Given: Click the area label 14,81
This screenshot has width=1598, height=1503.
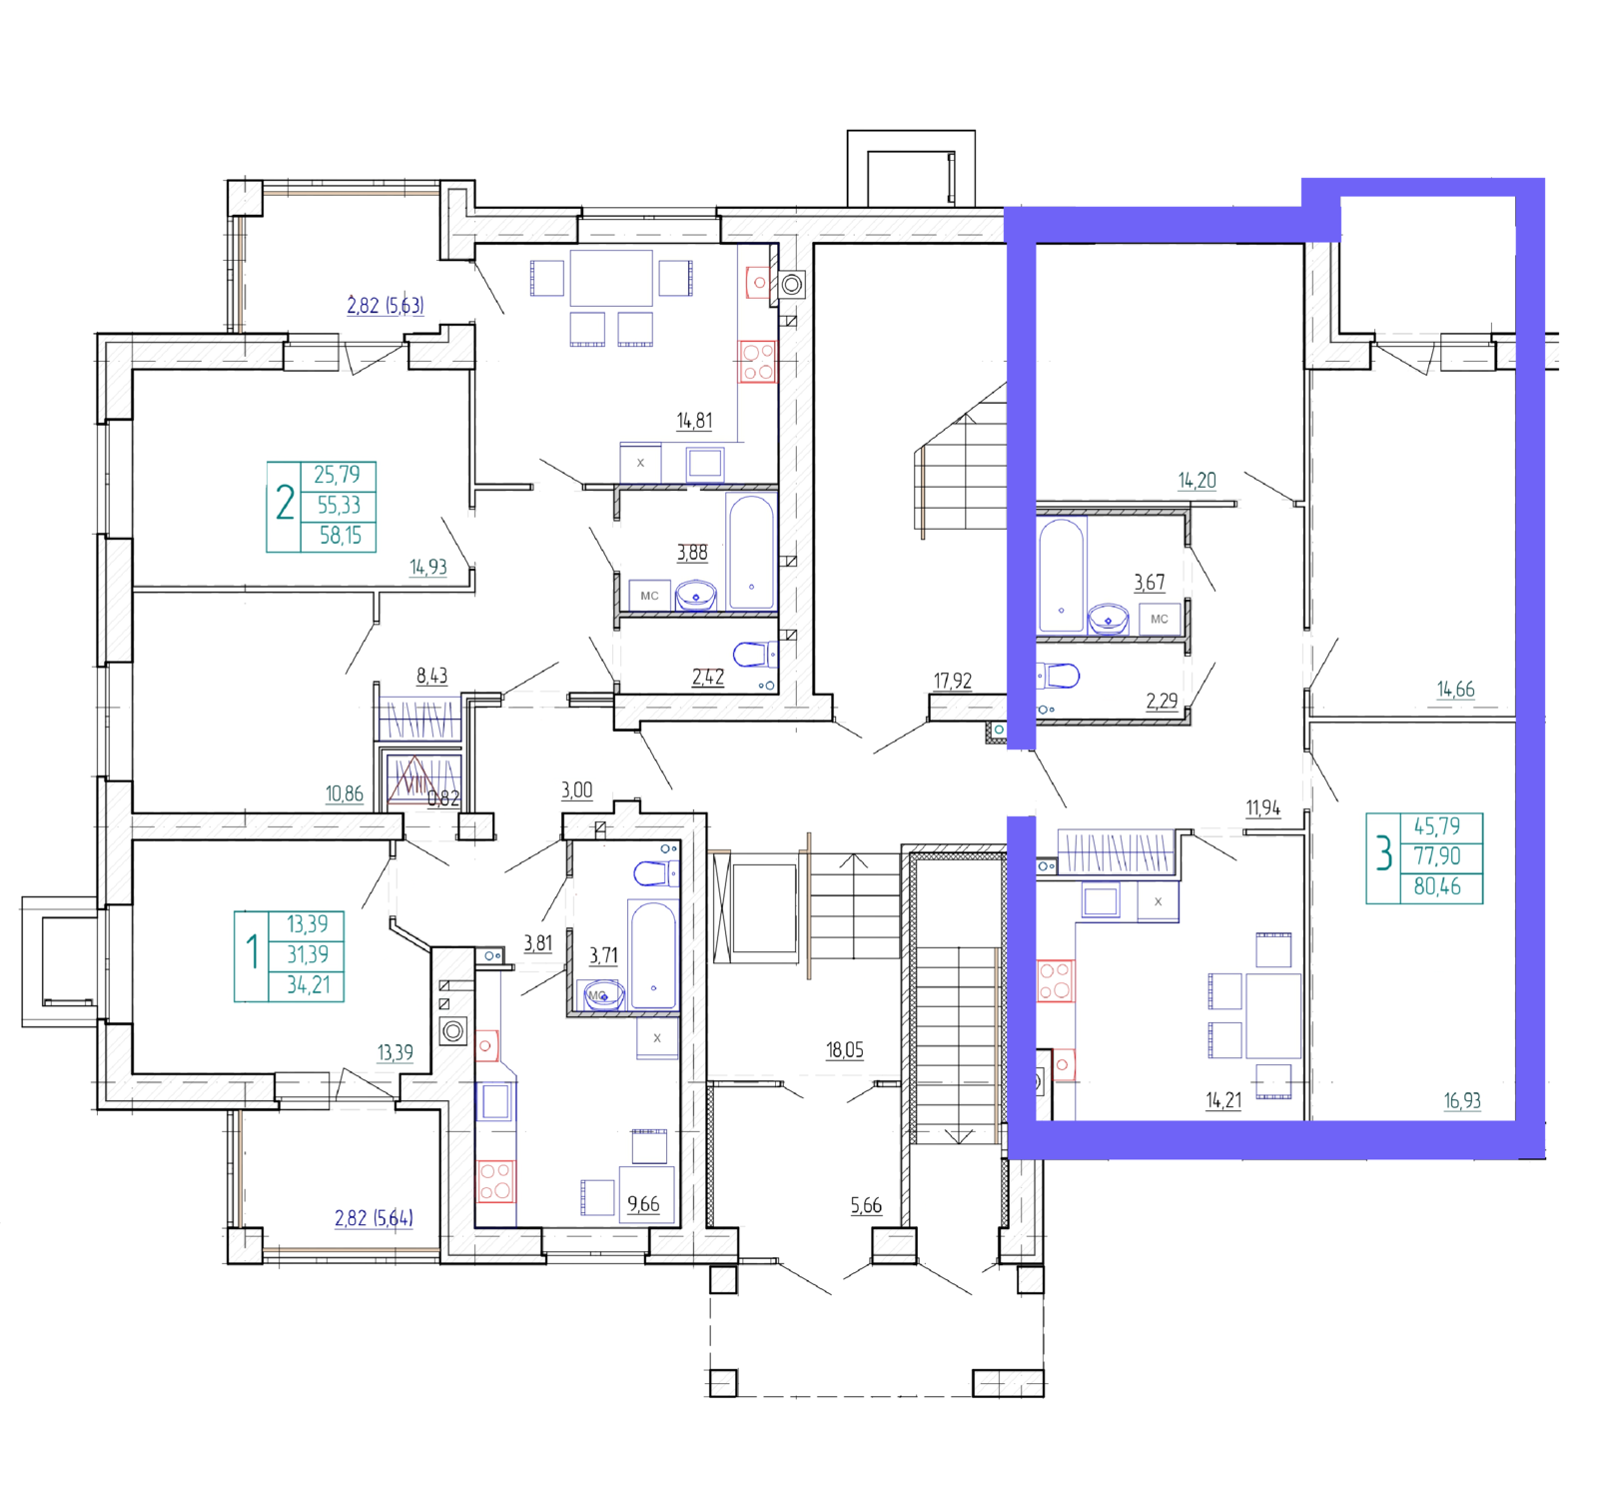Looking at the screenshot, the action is point(694,421).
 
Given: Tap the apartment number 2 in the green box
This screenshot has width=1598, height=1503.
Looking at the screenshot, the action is point(285,504).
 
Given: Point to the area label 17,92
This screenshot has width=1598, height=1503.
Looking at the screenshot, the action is point(952,681).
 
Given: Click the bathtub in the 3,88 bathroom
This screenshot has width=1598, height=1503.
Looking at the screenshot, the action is point(751,553).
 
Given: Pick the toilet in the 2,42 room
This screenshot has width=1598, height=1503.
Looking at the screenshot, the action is point(754,656).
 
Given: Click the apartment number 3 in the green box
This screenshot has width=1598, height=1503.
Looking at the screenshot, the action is point(1384,854).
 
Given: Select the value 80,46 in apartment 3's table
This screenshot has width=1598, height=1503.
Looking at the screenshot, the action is point(1437,886).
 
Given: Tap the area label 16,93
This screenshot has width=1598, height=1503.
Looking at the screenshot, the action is point(1462,1101).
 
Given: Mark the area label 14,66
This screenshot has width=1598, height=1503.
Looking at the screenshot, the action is point(1455,690).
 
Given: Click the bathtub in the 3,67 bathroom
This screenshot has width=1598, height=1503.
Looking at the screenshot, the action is point(1062,576).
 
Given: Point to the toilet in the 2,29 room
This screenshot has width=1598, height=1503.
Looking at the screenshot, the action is point(1058,677).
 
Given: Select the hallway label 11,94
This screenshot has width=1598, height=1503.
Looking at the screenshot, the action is point(1262,807).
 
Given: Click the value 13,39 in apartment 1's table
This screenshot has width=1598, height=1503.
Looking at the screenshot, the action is point(308,924).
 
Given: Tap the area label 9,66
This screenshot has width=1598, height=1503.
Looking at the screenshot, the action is point(643,1204).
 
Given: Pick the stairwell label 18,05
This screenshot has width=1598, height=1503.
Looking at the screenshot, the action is point(844,1050).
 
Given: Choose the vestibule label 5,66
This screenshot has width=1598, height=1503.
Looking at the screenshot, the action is point(866,1206).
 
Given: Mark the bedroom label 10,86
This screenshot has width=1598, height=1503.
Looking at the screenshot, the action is point(344,793).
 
